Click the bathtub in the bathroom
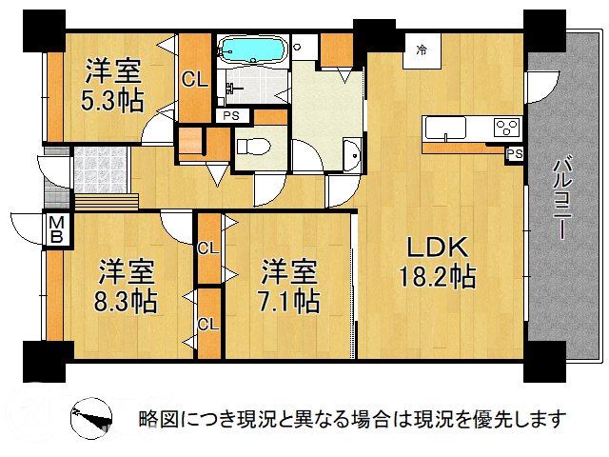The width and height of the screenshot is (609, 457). point(251,49)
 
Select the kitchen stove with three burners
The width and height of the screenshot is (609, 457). point(505,127)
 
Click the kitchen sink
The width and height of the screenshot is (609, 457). point(444,127)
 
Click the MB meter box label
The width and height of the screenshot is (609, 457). point(55,229)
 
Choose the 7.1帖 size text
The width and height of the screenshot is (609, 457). point(290,301)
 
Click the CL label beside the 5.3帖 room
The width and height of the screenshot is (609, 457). point(194,80)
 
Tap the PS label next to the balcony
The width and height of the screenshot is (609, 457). point(515,153)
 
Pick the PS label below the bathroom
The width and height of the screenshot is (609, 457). point(231,115)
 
